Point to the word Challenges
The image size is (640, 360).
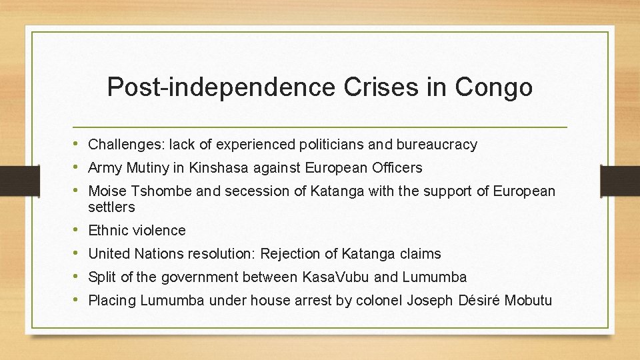click(x=126, y=145)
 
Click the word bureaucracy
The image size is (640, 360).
click(x=437, y=145)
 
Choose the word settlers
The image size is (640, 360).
click(x=111, y=207)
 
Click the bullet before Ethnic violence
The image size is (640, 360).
click(x=79, y=230)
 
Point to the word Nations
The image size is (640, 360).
click(x=159, y=254)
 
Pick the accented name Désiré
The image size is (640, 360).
click(x=479, y=301)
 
